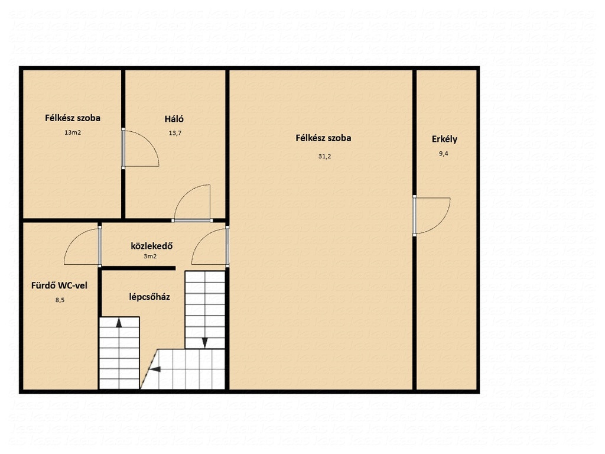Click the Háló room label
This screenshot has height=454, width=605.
(174, 119)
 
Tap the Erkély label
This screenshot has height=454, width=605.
(444, 139)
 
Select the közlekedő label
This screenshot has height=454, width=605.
(152, 246)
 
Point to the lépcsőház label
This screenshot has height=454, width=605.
(149, 297)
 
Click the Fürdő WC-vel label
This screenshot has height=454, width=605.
(59, 286)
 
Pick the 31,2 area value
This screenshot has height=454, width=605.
(324, 156)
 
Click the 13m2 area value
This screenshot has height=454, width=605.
(73, 132)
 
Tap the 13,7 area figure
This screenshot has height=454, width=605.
(175, 133)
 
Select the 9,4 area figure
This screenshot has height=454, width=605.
(443, 154)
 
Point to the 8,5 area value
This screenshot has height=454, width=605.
(60, 300)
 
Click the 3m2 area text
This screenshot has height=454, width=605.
(150, 256)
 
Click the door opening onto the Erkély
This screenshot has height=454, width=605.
(431, 216)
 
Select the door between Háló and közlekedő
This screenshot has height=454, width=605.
(192, 203)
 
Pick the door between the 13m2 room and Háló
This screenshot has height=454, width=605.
(140, 148)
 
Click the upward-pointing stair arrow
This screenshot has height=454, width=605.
(119, 323)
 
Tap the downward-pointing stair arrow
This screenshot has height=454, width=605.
(205, 342)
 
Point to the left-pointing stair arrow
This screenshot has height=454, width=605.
(155, 369)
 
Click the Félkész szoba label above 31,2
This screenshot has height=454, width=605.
(323, 138)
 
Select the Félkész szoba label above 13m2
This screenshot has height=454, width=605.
(73, 118)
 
